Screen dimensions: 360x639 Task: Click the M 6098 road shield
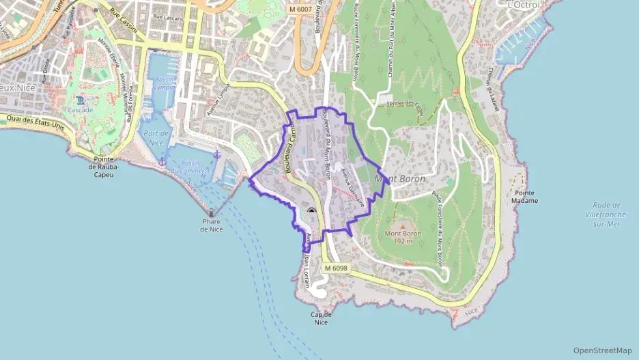[x=336, y=268]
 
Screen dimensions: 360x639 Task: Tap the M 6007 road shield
[x=300, y=9]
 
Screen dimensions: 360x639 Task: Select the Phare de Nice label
[x=212, y=225]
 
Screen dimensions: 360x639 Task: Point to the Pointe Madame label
[x=526, y=197]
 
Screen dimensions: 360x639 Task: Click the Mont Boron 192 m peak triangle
[x=401, y=225]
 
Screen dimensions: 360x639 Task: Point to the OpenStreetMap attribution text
[x=603, y=350]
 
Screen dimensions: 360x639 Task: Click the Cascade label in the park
[x=80, y=110]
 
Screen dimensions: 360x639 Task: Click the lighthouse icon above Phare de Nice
[x=211, y=213]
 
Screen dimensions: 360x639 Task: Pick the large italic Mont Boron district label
[x=400, y=179]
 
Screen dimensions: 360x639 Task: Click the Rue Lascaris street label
[x=168, y=16]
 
